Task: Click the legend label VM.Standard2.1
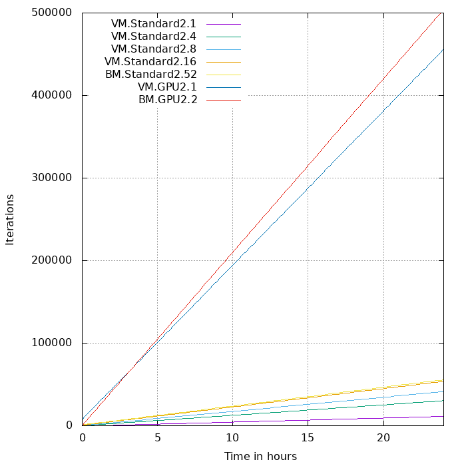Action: (153, 23)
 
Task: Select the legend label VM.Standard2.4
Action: (153, 36)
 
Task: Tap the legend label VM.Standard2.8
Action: (153, 49)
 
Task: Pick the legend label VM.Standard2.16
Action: (150, 61)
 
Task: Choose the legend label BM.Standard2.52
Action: (150, 74)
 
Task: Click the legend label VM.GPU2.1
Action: (167, 87)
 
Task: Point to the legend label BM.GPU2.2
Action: (167, 99)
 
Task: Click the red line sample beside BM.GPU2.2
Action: (223, 99)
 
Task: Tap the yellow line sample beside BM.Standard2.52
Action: (223, 74)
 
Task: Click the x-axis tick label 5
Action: (157, 438)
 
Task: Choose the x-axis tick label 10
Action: (232, 438)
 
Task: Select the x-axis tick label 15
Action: (308, 438)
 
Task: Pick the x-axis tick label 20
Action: (383, 438)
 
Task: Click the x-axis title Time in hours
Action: (260, 456)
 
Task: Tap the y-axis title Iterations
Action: (10, 219)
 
